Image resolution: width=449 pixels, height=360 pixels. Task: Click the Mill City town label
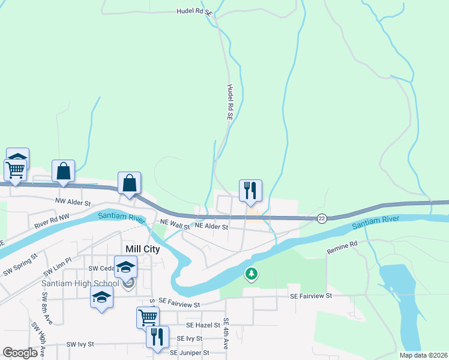142,249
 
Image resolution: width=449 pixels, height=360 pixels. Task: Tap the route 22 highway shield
322,218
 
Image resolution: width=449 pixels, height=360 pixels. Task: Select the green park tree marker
252,275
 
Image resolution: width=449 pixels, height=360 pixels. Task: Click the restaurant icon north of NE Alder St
250,190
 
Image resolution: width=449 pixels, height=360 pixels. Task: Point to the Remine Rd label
342,245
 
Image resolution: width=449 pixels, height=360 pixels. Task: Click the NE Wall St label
175,223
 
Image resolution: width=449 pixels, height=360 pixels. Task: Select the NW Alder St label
73,203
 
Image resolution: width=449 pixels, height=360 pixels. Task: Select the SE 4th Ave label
226,334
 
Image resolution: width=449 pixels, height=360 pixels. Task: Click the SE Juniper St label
190,353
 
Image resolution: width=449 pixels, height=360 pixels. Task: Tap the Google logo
20,353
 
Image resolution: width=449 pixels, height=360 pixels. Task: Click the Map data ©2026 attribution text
423,355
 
